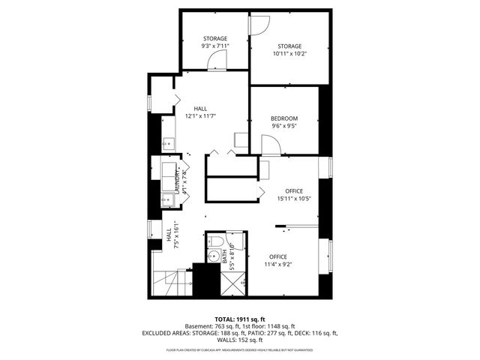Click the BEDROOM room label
click(x=284, y=118)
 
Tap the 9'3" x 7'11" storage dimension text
click(x=214, y=46)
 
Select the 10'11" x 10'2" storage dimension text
click(x=289, y=53)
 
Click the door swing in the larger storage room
click(x=259, y=25)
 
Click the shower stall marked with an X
click(x=232, y=283)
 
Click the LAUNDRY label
click(x=178, y=181)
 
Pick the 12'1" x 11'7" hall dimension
click(x=200, y=116)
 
